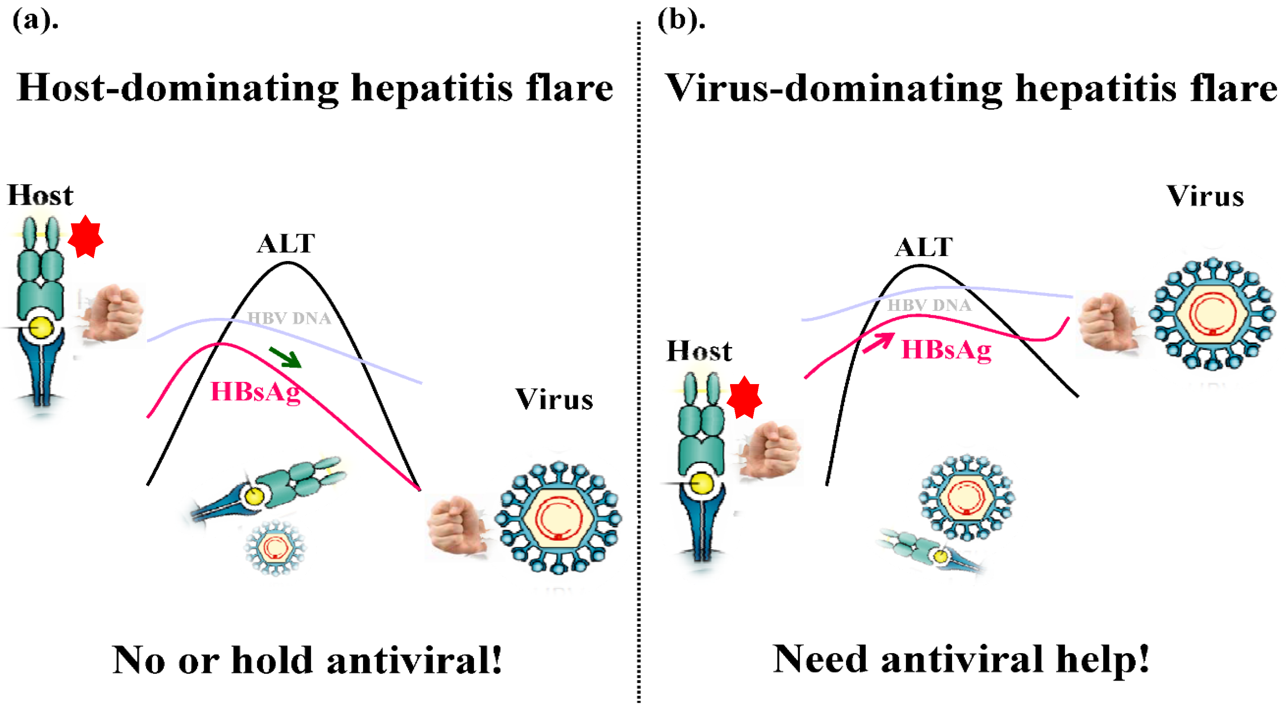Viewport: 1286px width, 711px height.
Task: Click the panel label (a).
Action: coord(35,21)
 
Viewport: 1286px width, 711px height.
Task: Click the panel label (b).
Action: coord(681,21)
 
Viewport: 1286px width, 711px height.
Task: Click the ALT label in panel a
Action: coord(286,244)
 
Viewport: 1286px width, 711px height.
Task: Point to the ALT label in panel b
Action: coord(924,247)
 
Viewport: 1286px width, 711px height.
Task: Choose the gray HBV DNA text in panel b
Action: coord(929,305)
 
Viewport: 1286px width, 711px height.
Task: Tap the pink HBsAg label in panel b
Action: coord(946,350)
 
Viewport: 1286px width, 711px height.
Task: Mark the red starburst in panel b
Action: coord(744,398)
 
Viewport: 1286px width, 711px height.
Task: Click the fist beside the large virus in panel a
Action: coord(457,525)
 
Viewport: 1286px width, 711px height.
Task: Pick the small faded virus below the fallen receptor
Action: coord(274,548)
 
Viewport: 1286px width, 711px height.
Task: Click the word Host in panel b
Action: coord(699,351)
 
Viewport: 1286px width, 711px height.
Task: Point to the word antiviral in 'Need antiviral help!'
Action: coord(961,660)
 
